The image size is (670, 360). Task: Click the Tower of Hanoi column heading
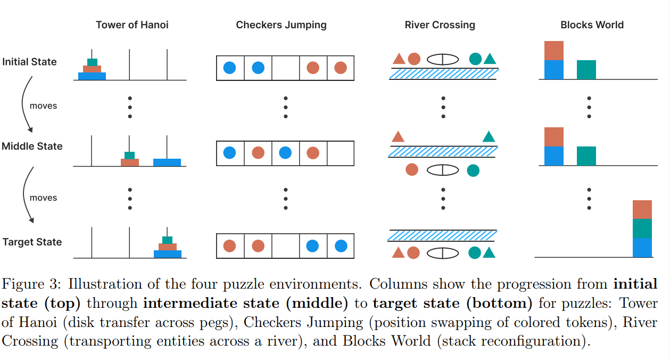point(132,25)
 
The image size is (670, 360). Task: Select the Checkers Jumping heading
point(281,25)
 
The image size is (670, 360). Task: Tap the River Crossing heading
point(440,25)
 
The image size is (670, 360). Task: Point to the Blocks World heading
point(592,25)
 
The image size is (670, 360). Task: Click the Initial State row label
point(29,62)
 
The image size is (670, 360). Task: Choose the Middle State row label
point(32,146)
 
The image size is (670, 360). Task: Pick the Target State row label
point(32,242)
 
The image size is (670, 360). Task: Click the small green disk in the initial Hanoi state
point(92,62)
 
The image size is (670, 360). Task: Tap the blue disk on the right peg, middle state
point(167,162)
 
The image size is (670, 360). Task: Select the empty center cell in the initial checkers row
point(285,68)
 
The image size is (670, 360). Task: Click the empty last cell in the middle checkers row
point(341,153)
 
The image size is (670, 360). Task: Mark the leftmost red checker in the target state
point(229,246)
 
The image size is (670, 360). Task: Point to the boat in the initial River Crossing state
point(443,59)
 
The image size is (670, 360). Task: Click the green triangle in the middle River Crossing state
point(489,137)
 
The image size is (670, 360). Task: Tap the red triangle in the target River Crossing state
point(398,252)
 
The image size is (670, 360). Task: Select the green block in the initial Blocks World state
point(586,70)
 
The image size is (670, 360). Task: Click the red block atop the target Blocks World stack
point(642,210)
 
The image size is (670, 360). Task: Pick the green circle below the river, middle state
point(473,170)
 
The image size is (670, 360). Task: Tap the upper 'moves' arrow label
point(43,106)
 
